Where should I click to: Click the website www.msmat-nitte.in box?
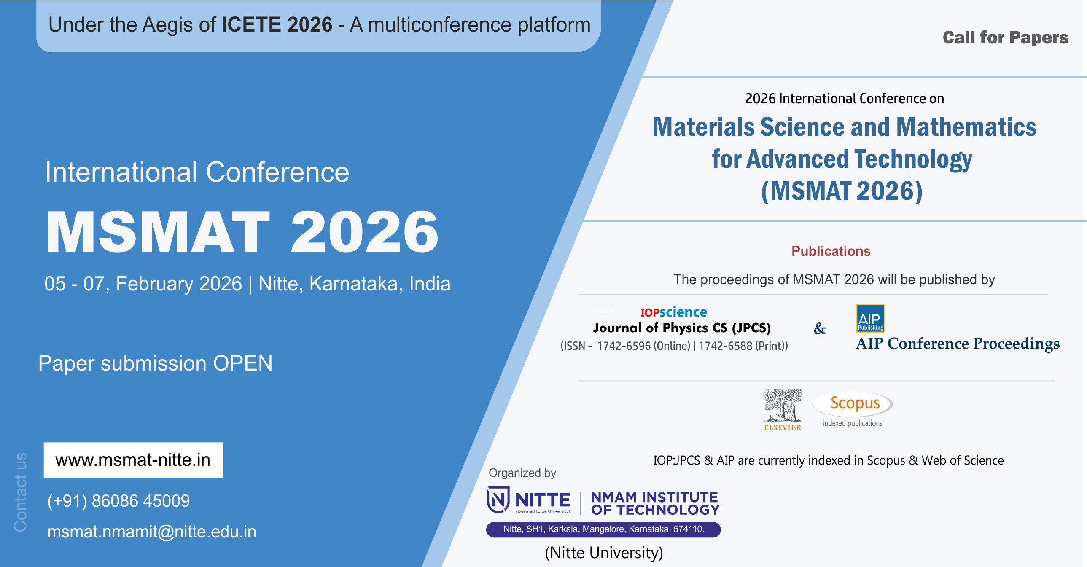tap(133, 460)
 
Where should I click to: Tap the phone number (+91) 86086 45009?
tap(118, 501)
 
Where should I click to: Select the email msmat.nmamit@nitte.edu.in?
tap(152, 532)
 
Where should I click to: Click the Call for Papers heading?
tap(1006, 38)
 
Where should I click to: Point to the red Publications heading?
tap(831, 251)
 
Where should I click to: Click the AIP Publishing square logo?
tap(870, 318)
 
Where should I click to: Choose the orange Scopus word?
tap(855, 403)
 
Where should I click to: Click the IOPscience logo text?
tap(673, 312)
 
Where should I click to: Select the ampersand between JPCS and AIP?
tap(820, 328)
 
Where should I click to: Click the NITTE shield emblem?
tap(498, 500)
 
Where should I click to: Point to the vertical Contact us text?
tap(20, 492)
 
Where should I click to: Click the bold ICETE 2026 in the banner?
tap(277, 24)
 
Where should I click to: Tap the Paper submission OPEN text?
tap(155, 363)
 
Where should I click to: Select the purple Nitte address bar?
tap(603, 529)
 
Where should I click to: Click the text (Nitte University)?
tap(604, 553)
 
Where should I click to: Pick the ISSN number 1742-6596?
tap(624, 346)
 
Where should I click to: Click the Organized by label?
tap(522, 473)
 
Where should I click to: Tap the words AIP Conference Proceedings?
tap(958, 344)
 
